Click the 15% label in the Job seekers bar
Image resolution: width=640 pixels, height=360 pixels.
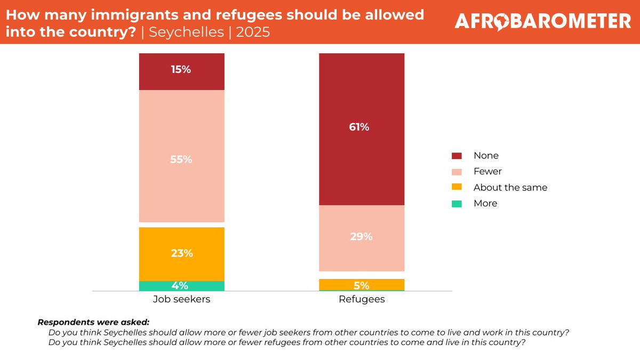coord(181,69)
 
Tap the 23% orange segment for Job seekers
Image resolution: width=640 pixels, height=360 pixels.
coord(181,254)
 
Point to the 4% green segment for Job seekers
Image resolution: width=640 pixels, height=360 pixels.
coord(181,286)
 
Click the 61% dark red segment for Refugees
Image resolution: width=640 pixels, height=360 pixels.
coord(361,128)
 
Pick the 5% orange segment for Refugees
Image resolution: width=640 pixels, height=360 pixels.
coord(361,285)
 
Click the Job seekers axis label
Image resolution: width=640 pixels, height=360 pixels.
coord(181,299)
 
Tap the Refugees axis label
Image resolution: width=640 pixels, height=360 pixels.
coord(361,299)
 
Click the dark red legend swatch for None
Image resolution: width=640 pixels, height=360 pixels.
coord(457,156)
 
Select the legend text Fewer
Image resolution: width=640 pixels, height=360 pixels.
coord(487,172)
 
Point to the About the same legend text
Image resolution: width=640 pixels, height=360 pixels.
coord(510,188)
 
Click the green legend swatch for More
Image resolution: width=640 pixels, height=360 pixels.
coord(457,204)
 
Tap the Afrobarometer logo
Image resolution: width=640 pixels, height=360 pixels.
coord(542,21)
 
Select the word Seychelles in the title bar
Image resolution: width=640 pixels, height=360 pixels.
coord(187,31)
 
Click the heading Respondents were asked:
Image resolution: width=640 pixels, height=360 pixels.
coord(93,323)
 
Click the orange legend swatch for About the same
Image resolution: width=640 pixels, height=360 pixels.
coord(457,188)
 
